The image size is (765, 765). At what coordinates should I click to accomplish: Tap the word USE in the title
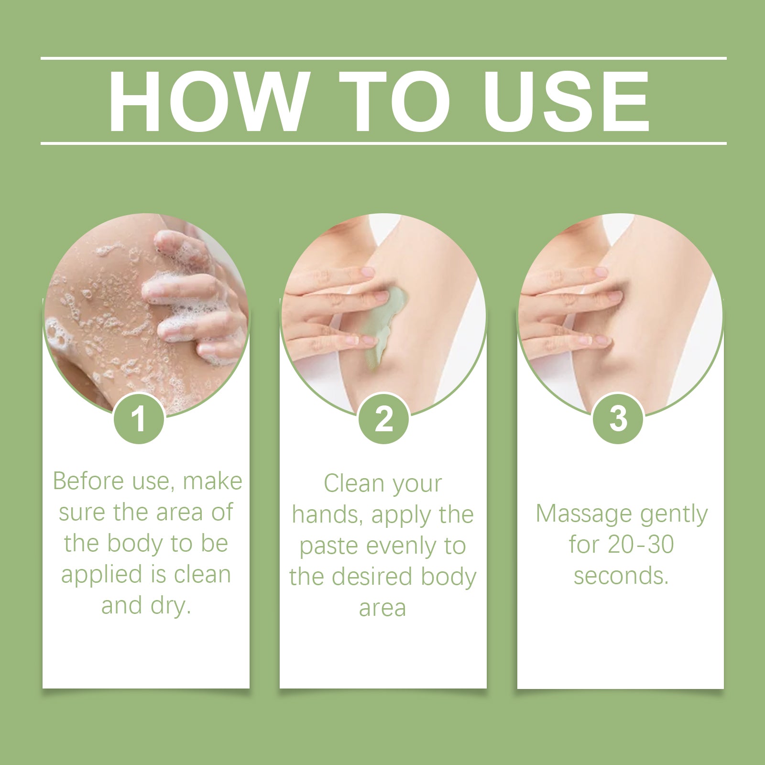(x=566, y=101)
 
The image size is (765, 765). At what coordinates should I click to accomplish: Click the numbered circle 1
(x=139, y=419)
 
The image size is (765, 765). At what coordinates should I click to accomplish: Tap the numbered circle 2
(x=383, y=419)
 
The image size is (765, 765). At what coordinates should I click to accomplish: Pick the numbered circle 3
(x=618, y=419)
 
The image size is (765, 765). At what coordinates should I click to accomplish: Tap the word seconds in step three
(x=621, y=576)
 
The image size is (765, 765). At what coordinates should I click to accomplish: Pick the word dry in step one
(x=170, y=606)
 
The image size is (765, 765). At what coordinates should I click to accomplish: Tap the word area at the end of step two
(x=382, y=608)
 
